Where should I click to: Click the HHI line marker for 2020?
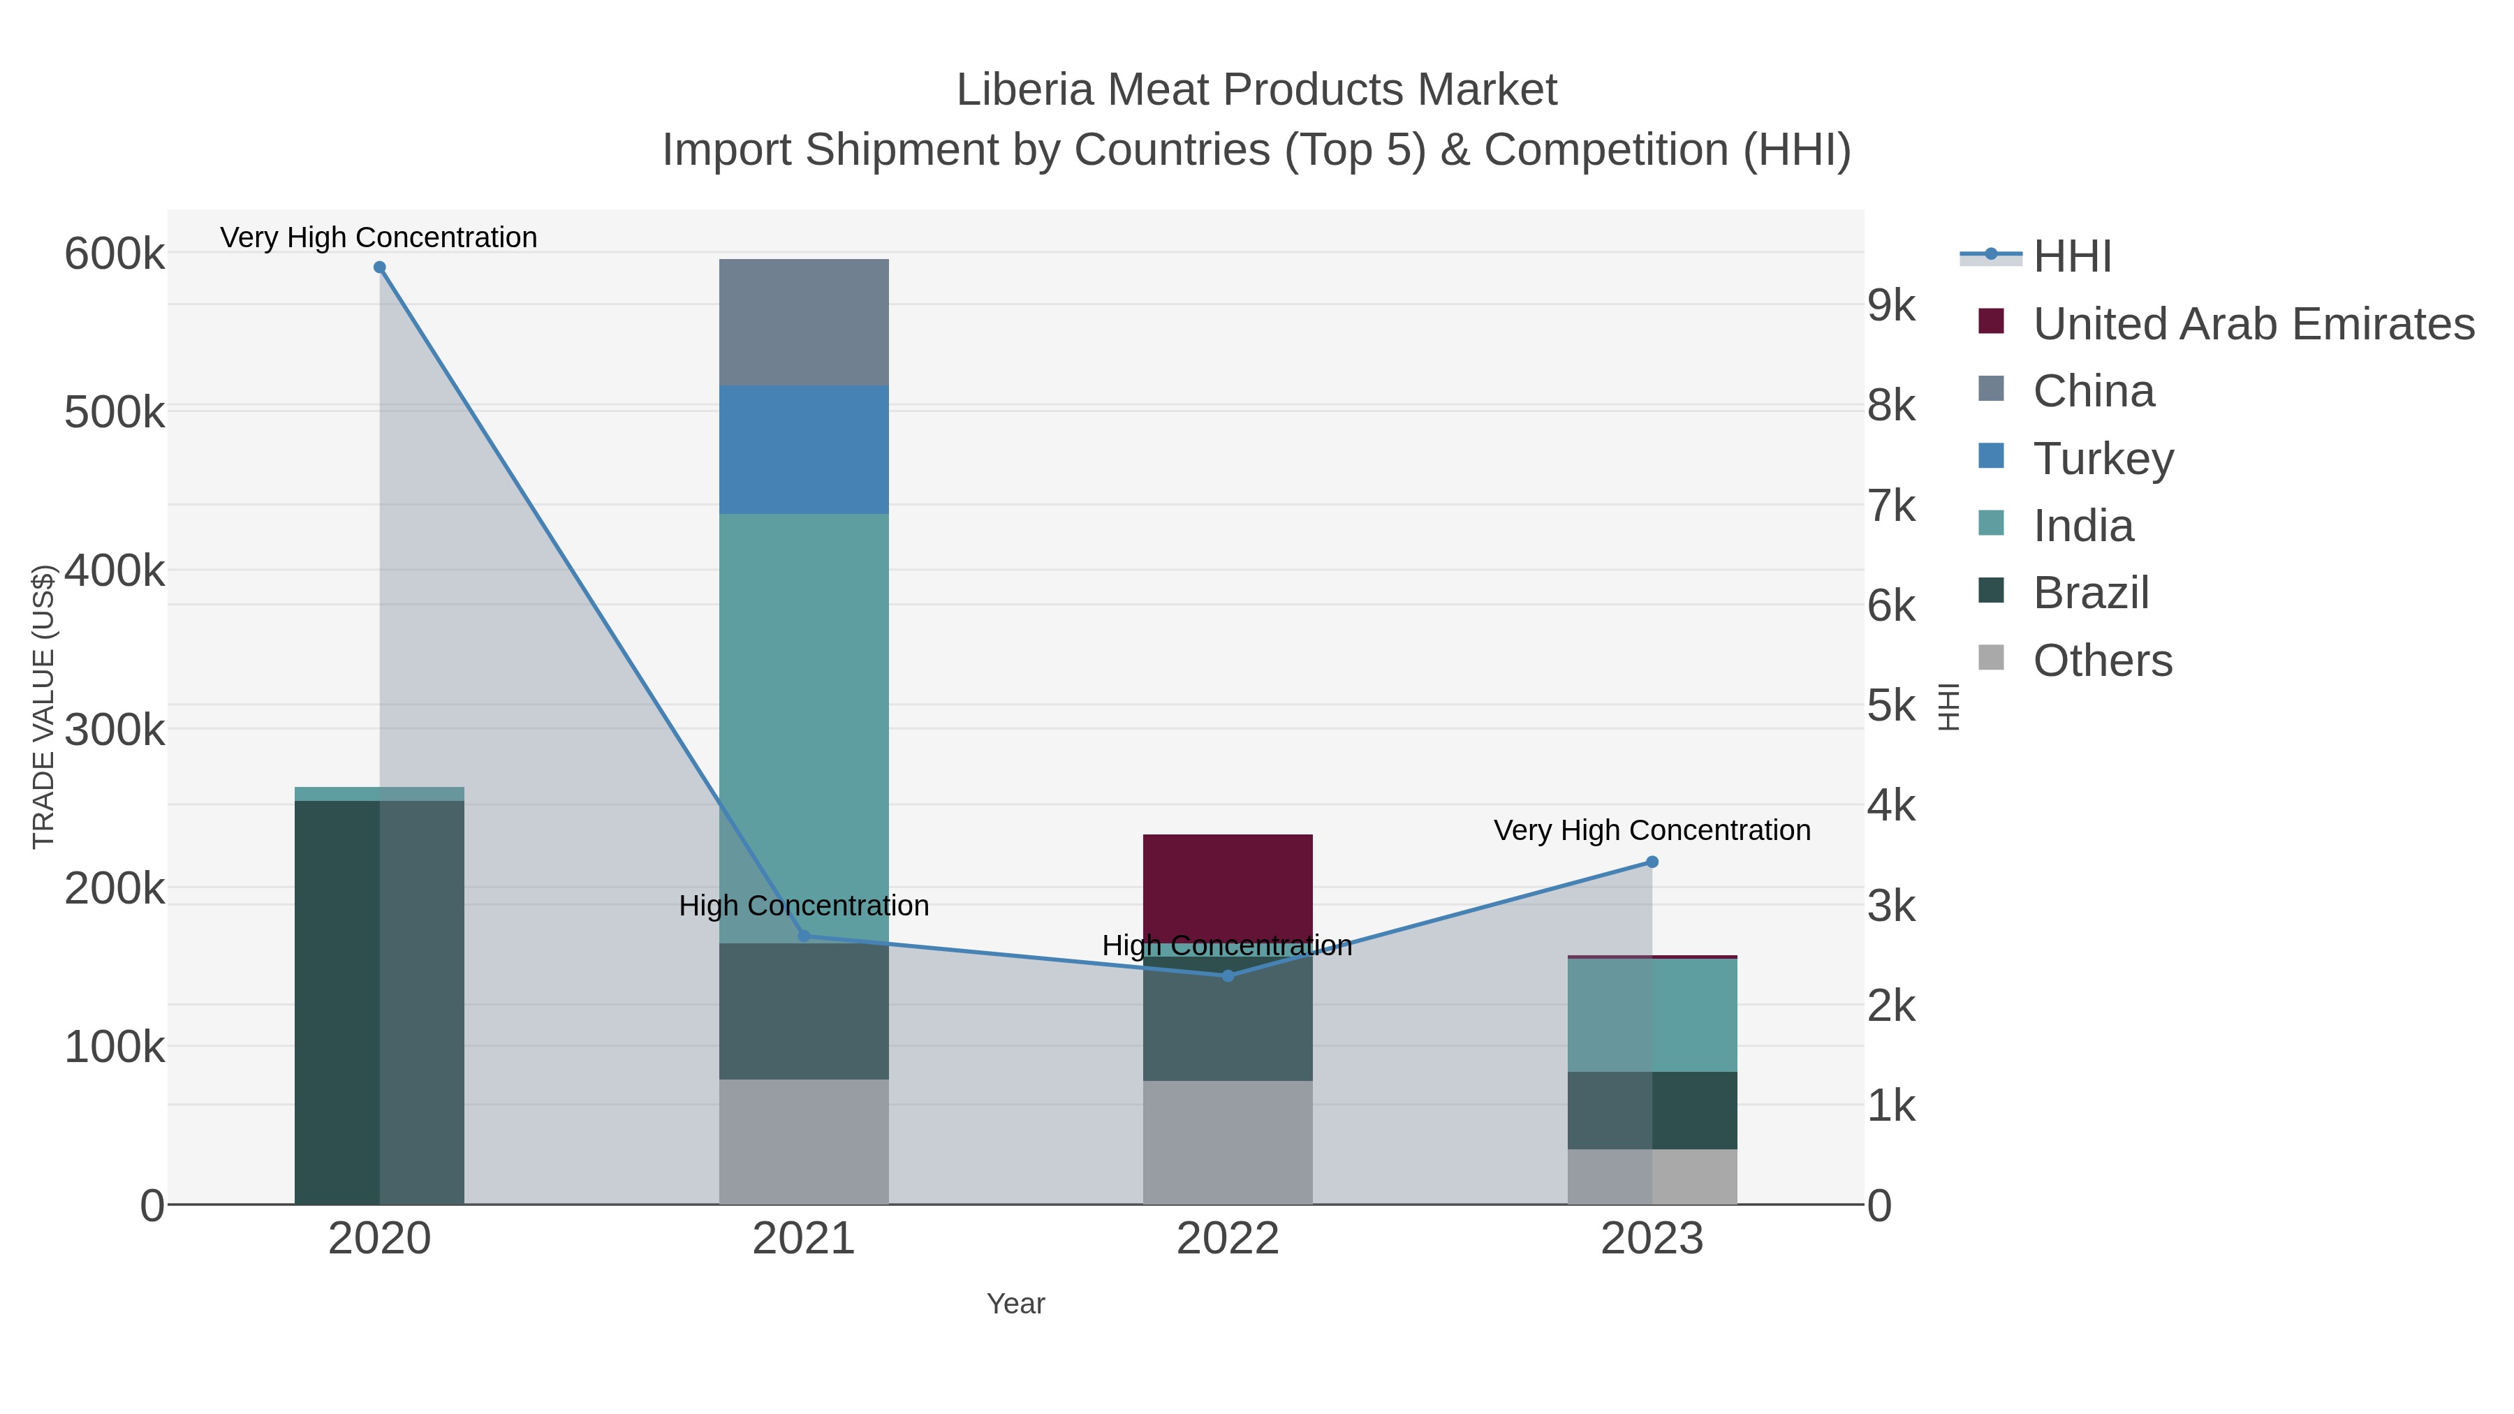[380, 267]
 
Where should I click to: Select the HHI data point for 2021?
[804, 936]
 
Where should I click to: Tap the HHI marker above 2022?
[1228, 976]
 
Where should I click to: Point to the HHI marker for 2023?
[1652, 862]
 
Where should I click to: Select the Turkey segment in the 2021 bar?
[804, 450]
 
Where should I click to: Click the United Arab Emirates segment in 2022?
[1228, 883]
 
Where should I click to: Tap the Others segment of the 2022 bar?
[1228, 1142]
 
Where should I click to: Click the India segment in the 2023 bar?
[1652, 1015]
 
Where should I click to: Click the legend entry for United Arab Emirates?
[2252, 324]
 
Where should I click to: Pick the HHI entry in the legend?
[2071, 257]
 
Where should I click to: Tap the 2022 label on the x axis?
[1228, 1239]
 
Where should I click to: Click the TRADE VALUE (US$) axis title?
[44, 707]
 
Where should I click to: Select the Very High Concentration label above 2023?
[1652, 830]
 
